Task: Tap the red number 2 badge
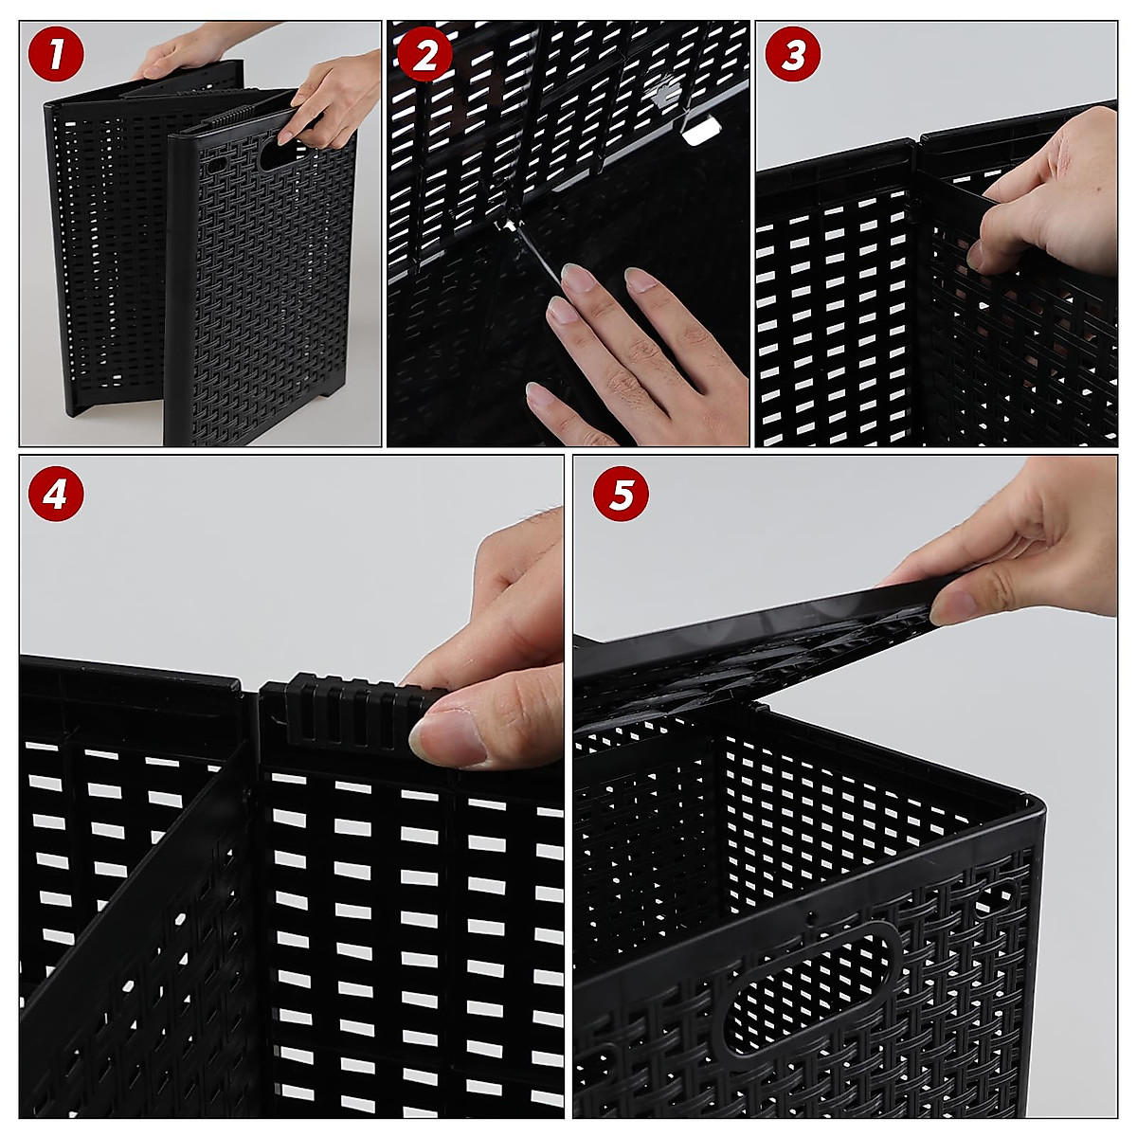[424, 55]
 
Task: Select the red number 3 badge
[792, 55]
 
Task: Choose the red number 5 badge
[620, 494]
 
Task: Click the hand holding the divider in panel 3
[1042, 199]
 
